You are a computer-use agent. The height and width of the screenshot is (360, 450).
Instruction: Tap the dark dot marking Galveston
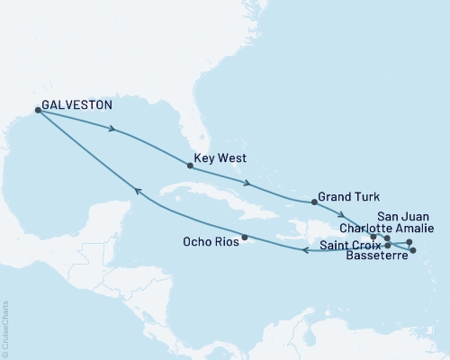pyautogui.click(x=38, y=110)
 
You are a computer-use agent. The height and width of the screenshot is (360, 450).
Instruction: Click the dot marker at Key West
pyautogui.click(x=190, y=166)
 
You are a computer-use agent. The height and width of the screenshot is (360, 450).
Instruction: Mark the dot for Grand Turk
pyautogui.click(x=314, y=202)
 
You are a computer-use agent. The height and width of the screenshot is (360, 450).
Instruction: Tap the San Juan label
pyautogui.click(x=397, y=216)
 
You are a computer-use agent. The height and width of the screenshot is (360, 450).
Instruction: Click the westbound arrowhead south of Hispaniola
pyautogui.click(x=304, y=250)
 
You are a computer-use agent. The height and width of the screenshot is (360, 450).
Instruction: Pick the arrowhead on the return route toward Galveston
pyautogui.click(x=136, y=190)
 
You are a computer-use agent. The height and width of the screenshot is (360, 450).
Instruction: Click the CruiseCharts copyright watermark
pyautogui.click(x=5, y=328)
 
